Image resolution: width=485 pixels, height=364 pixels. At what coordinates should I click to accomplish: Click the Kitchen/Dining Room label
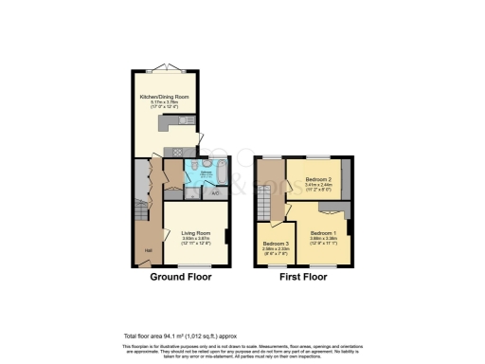tap(162, 97)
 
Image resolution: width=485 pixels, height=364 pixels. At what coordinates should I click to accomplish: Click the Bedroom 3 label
tap(277, 244)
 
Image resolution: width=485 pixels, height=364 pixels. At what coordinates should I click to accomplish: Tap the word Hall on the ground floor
tap(149, 250)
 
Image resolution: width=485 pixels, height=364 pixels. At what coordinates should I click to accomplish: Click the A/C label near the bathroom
tap(215, 194)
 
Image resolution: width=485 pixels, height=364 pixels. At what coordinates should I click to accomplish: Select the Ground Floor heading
tap(180, 279)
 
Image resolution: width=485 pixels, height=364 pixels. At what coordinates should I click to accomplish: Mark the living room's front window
tap(193, 267)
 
